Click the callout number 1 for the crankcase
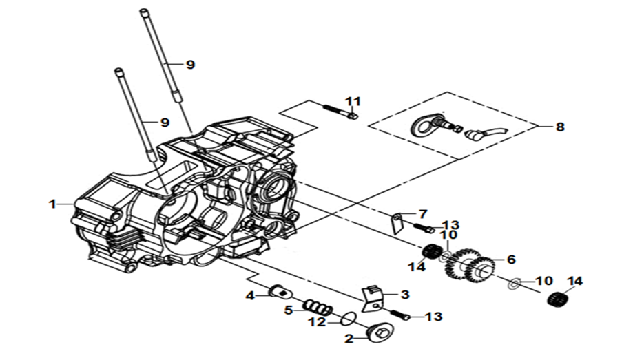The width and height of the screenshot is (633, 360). click(x=52, y=204)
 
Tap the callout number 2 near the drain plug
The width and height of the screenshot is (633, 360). click(x=349, y=339)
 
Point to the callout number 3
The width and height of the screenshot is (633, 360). click(x=405, y=295)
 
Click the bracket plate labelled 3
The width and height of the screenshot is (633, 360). click(x=371, y=299)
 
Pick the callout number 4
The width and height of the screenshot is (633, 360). click(x=250, y=296)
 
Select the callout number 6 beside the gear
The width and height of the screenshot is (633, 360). click(x=511, y=259)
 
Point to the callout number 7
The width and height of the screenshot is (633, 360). click(x=423, y=214)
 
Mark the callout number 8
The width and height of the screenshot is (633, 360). click(x=559, y=127)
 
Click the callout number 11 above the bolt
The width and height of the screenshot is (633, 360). click(x=353, y=101)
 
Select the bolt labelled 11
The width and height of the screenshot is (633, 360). click(x=340, y=112)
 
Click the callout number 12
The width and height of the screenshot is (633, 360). click(x=318, y=322)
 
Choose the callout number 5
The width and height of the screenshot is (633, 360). click(x=288, y=310)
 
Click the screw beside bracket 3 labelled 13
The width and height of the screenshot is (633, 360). click(x=400, y=315)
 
